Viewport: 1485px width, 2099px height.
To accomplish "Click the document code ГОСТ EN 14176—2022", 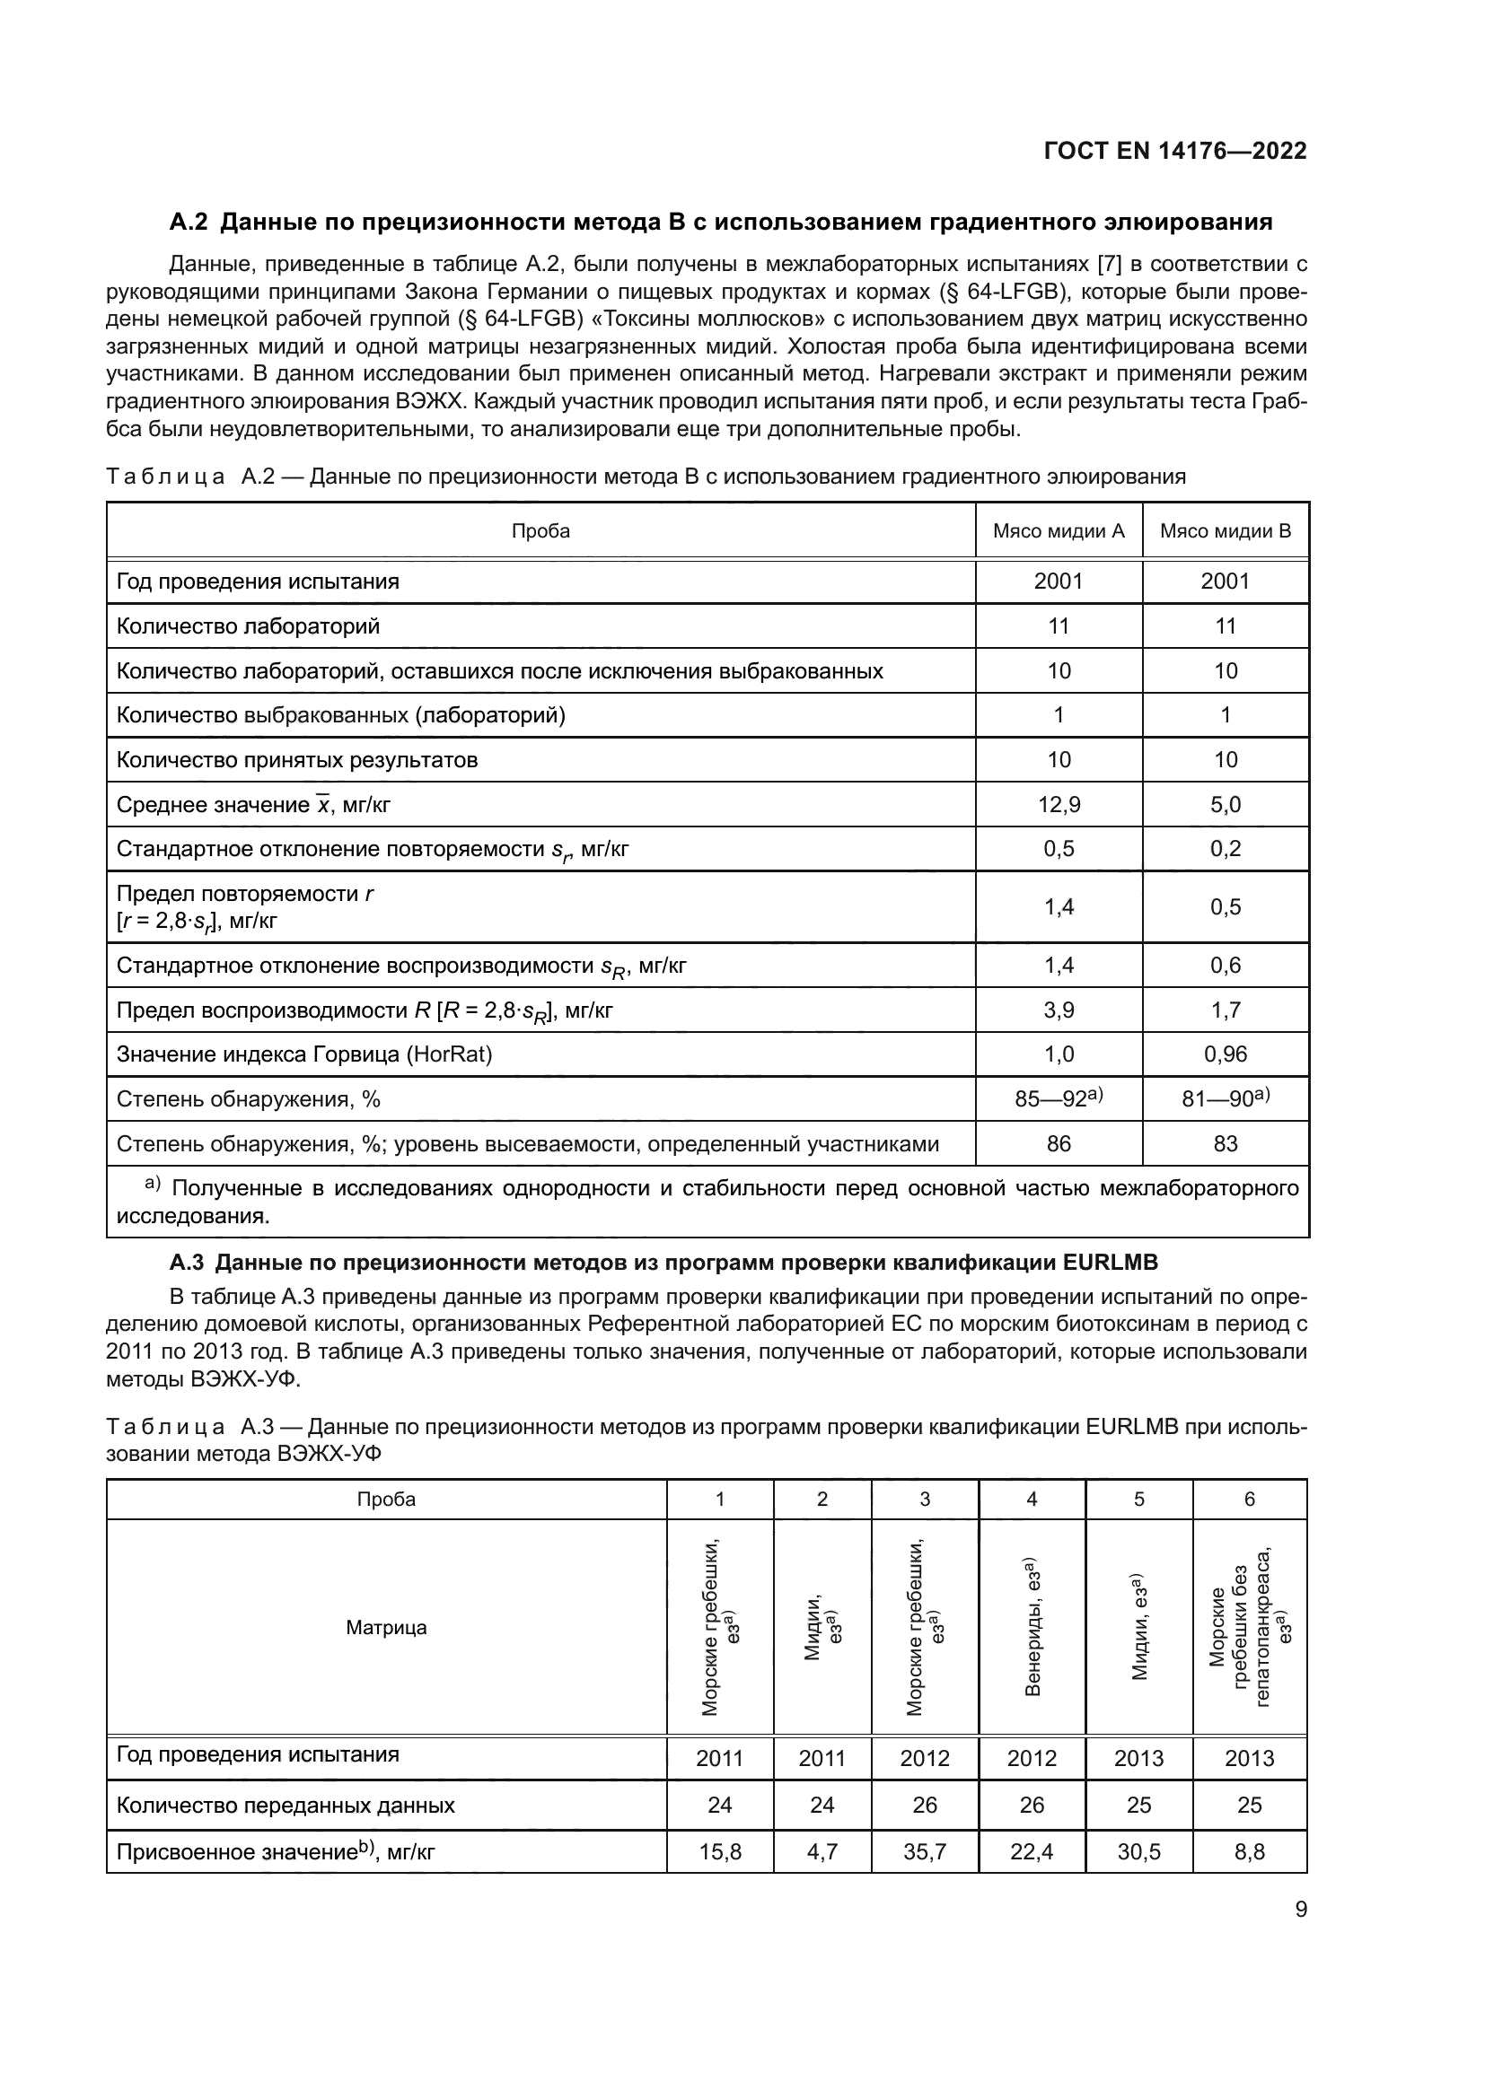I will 1175,152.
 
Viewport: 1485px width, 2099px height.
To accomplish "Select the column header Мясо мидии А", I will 1058,531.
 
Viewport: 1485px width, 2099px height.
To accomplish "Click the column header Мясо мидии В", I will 1225,531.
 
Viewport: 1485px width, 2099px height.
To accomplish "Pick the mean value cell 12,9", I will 1058,804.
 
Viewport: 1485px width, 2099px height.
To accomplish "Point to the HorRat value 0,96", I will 1225,1054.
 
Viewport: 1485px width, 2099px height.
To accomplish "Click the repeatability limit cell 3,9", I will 1058,1010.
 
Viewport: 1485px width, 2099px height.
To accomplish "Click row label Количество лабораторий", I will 248,626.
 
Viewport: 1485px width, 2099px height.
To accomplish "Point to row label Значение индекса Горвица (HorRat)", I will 303,1054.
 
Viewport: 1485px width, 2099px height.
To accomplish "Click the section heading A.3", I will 663,1263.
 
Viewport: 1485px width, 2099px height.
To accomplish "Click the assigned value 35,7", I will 925,1852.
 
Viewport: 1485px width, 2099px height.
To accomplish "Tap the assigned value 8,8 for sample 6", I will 1249,1852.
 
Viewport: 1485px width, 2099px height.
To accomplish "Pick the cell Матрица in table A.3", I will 386,1627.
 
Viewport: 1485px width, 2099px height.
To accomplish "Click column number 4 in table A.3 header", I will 1032,1500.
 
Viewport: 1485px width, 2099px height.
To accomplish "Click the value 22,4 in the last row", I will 1032,1852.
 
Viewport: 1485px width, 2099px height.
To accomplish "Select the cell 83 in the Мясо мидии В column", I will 1225,1143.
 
